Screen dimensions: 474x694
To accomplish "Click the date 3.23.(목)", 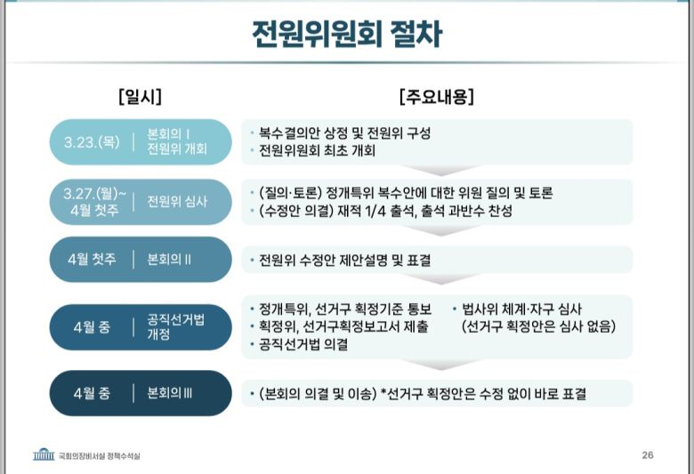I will point(92,141).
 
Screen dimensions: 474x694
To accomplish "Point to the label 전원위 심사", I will point(177,201).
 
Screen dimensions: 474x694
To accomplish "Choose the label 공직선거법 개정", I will point(175,327).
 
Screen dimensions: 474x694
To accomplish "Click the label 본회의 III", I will point(170,393).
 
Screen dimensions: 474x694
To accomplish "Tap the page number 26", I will point(648,455).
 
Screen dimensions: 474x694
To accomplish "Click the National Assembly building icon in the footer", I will point(44,455).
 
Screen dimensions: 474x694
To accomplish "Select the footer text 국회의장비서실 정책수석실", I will point(99,456).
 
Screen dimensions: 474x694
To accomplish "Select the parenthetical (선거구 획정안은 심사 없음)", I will point(538,326).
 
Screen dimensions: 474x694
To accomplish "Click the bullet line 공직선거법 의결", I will point(303,344).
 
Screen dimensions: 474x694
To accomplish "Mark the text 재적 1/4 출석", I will point(422,211).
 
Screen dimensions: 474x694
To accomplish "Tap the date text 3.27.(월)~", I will point(95,193).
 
